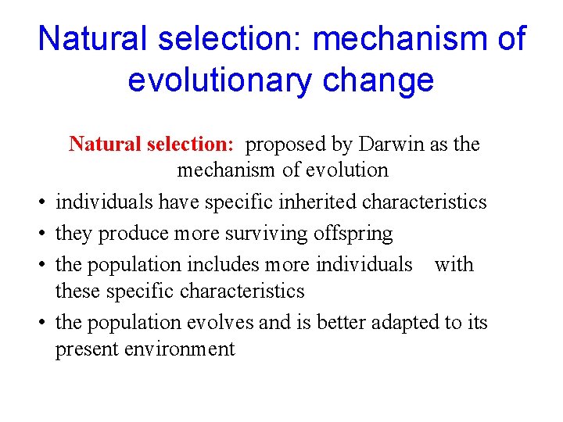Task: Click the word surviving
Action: pyautogui.click(x=264, y=234)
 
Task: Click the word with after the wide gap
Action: pyautogui.click(x=454, y=265)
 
